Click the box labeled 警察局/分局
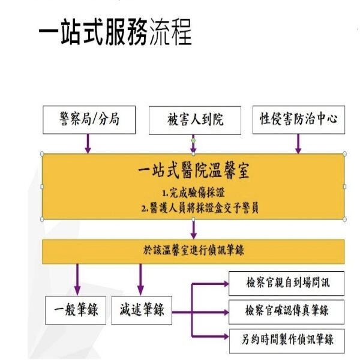pos(88,119)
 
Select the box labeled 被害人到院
pos(194,120)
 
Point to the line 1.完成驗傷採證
pos(193,194)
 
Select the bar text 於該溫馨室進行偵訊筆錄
pos(193,250)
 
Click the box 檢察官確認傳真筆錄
pos(287,312)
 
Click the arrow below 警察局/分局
pos(88,143)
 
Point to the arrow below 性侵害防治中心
pos(298,143)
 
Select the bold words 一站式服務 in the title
pos(92,34)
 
